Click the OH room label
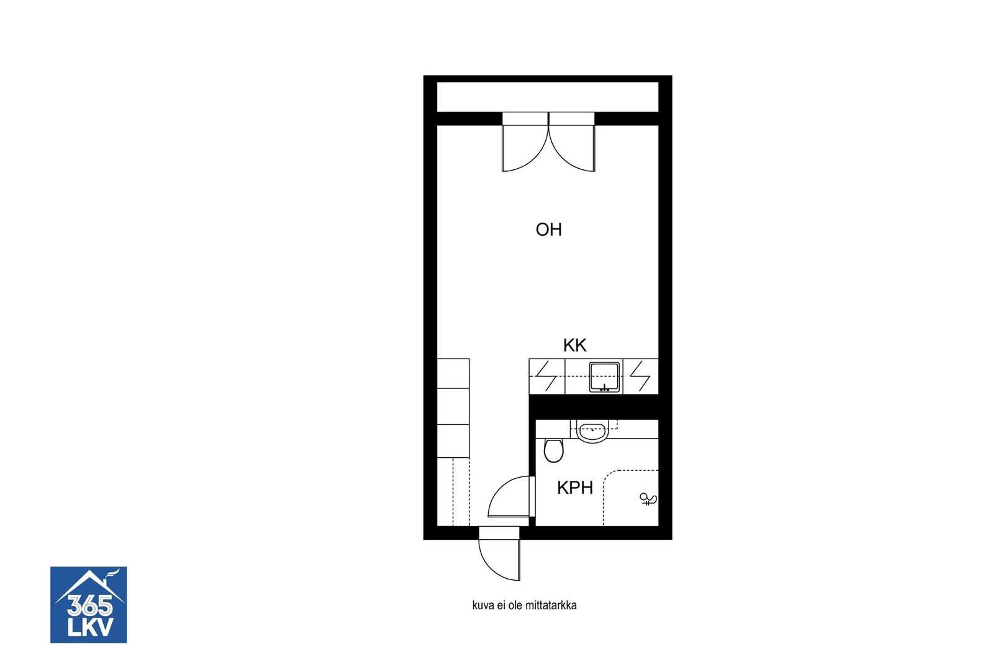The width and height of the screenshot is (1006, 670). pyautogui.click(x=548, y=230)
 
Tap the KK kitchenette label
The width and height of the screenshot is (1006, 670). pyautogui.click(x=575, y=345)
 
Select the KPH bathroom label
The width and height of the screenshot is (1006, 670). pyautogui.click(x=575, y=488)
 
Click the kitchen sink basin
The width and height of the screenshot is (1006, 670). pyautogui.click(x=604, y=377)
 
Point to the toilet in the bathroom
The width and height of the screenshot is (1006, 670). pyautogui.click(x=553, y=450)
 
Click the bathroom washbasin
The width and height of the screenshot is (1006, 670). pyautogui.click(x=593, y=431)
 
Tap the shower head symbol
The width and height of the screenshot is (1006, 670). pyautogui.click(x=648, y=499)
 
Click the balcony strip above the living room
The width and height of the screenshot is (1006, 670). pyautogui.click(x=548, y=97)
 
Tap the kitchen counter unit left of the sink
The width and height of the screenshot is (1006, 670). pyautogui.click(x=546, y=377)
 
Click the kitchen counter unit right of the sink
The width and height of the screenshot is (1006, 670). pyautogui.click(x=640, y=377)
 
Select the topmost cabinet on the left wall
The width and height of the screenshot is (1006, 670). pyautogui.click(x=453, y=373)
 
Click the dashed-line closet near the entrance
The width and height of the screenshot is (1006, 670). pyautogui.click(x=453, y=491)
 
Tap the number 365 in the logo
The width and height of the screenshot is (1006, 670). pyautogui.click(x=89, y=605)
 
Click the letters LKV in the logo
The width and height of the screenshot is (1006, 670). pyautogui.click(x=90, y=627)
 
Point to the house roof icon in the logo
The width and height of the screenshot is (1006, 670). pyautogui.click(x=89, y=586)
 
